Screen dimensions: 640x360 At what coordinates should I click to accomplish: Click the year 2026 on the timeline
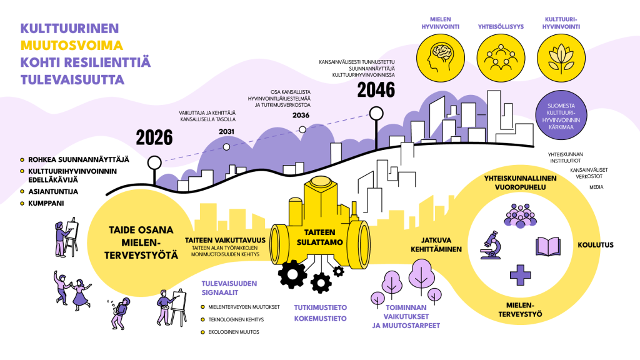click(x=154, y=137)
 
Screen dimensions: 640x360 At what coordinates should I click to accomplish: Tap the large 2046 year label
click(x=376, y=90)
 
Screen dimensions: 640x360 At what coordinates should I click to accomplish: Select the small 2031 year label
click(x=226, y=131)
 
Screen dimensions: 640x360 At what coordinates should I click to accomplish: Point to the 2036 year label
click(x=301, y=115)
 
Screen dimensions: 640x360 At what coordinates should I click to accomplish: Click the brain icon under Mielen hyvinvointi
click(x=441, y=57)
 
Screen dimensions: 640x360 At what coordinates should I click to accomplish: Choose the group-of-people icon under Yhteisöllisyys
click(x=501, y=57)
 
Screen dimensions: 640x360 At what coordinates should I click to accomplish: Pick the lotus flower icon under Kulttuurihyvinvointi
click(x=561, y=58)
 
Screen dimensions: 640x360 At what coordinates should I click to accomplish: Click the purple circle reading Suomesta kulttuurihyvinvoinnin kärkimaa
click(x=561, y=116)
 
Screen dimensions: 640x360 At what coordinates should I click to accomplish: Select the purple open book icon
click(x=547, y=246)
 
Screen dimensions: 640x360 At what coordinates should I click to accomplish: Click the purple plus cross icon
click(x=521, y=275)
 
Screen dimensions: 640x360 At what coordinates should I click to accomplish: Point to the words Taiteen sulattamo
click(x=319, y=237)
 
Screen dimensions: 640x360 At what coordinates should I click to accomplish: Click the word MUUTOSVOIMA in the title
click(x=71, y=45)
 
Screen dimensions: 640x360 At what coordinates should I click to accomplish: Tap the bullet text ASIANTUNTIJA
click(x=53, y=191)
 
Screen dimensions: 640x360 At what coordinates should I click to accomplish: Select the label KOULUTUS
click(x=596, y=245)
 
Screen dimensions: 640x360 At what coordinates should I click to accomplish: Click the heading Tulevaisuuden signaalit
click(x=229, y=288)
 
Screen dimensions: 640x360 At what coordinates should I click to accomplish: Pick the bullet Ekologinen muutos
click(x=234, y=332)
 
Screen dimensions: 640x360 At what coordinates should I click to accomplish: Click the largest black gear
click(x=292, y=274)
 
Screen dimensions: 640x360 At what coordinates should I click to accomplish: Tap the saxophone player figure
click(x=119, y=314)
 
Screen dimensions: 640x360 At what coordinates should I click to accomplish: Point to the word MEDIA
click(x=596, y=187)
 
